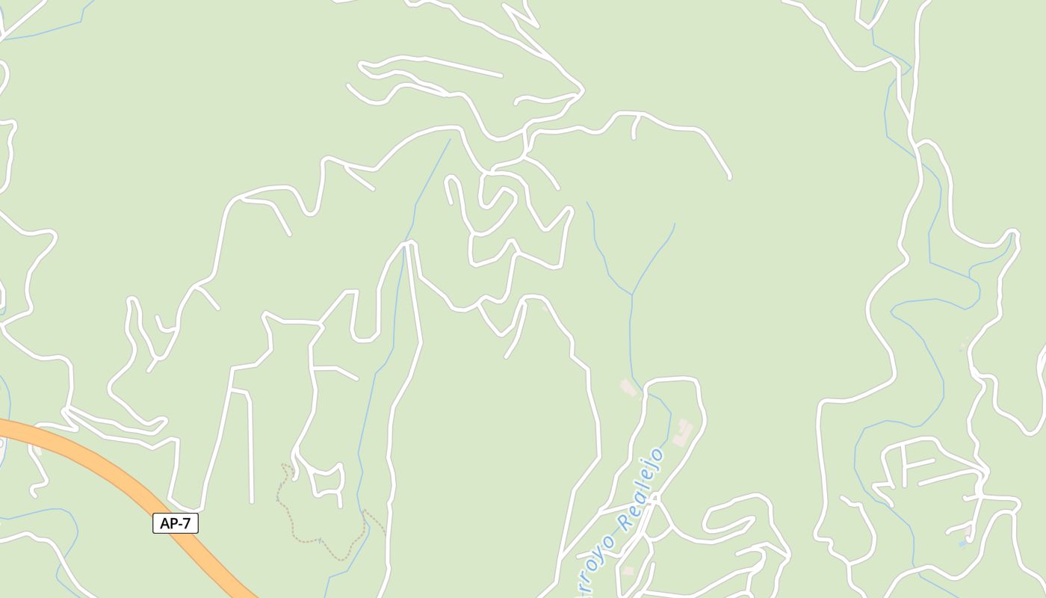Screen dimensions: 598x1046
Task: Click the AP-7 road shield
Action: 176,523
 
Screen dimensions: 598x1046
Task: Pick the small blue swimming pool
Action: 962,543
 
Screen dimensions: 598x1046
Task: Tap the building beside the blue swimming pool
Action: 969,532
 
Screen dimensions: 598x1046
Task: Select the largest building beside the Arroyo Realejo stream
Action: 682,433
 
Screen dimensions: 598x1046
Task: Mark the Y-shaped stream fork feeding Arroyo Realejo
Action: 632,295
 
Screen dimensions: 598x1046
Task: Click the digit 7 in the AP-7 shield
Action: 187,523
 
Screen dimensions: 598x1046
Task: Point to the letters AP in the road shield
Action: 168,523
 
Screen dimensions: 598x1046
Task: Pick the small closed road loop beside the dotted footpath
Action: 328,482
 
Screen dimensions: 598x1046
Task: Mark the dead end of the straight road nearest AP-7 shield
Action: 252,501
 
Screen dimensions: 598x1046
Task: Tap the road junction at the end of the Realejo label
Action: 656,496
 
